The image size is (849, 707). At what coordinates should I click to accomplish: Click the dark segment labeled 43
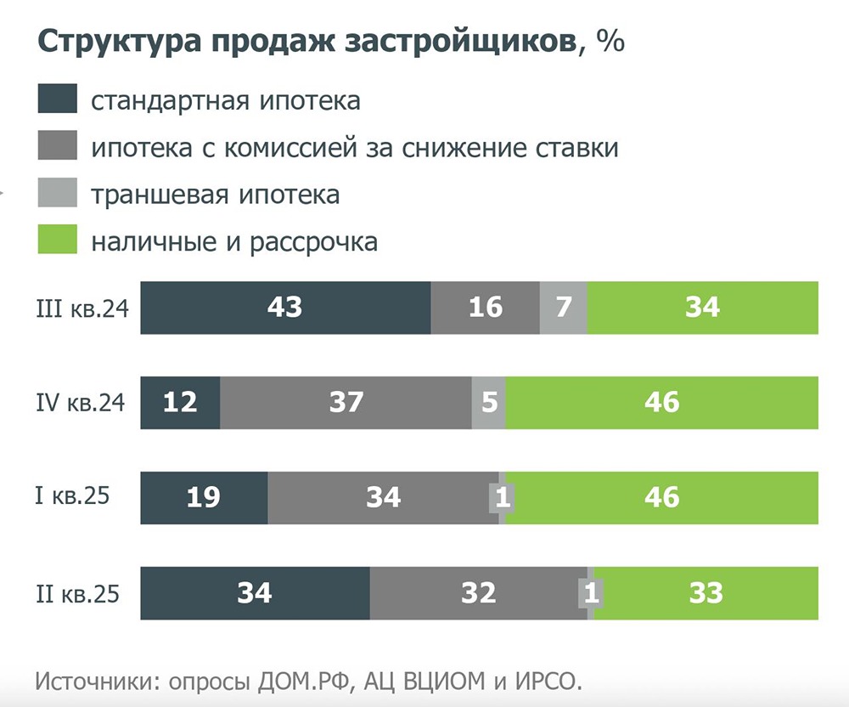[x=285, y=308]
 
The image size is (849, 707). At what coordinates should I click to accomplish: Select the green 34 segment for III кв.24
[x=703, y=308]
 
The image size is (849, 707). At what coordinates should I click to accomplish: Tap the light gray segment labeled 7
[x=564, y=308]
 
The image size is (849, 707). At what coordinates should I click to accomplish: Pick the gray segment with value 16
[x=486, y=308]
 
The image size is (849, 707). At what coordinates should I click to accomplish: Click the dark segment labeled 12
[x=180, y=402]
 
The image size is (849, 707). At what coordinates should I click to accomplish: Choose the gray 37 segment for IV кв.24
[x=346, y=402]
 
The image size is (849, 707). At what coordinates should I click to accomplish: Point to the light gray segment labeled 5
[x=489, y=402]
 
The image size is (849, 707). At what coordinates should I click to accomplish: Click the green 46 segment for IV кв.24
[x=662, y=402]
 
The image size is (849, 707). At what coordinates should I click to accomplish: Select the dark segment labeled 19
[x=204, y=497]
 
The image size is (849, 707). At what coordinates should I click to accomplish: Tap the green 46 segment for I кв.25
[x=662, y=497]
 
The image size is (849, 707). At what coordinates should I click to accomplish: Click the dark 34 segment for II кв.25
[x=255, y=592]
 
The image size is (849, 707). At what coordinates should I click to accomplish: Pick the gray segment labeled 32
[x=478, y=592]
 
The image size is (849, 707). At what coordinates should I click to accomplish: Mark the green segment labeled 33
[x=706, y=592]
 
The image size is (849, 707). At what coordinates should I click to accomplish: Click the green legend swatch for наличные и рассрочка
[x=58, y=240]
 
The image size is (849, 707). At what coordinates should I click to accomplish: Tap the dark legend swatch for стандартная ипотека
[x=58, y=99]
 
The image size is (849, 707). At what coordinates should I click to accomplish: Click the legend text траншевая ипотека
[x=216, y=195]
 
